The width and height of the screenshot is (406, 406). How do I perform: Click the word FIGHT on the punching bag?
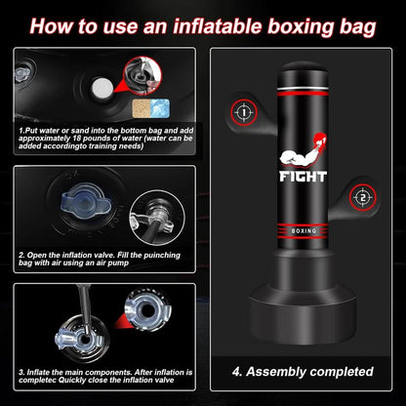(304, 178)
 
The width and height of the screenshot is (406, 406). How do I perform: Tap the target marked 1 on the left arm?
(243, 112)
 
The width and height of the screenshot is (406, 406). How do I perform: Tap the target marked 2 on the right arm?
(361, 196)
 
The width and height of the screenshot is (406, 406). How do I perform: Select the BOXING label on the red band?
(303, 231)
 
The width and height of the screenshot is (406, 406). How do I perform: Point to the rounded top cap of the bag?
(303, 75)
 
